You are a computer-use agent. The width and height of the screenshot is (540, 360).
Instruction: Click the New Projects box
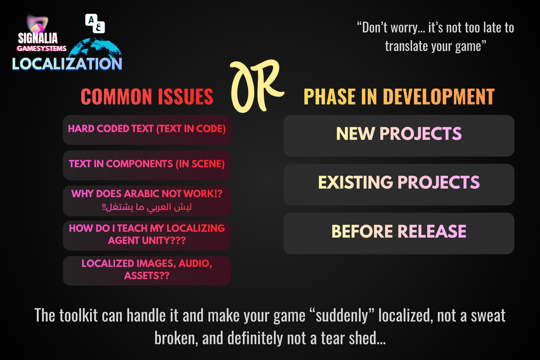tap(399, 135)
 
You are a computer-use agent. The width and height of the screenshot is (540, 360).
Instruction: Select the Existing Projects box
tap(399, 184)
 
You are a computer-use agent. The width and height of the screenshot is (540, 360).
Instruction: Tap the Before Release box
tap(399, 233)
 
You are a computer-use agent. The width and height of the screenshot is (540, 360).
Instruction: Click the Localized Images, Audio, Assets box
tap(147, 270)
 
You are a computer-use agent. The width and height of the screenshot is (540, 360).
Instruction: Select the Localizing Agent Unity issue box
tap(147, 235)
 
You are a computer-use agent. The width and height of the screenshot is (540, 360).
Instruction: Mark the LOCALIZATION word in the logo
tap(67, 63)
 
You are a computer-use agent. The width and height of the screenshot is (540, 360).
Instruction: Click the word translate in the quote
tap(403, 45)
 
